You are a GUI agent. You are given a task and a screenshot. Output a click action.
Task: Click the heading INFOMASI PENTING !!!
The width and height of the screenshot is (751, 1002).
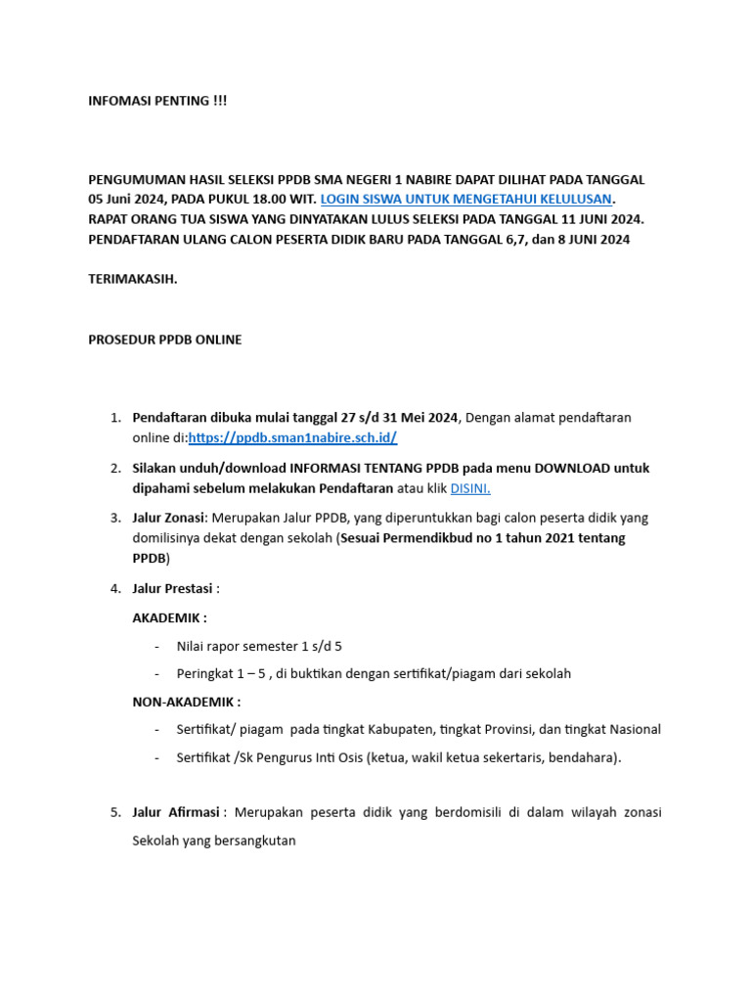[157, 101]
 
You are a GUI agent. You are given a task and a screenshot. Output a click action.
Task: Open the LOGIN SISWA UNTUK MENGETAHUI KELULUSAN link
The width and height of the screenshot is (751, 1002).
[465, 199]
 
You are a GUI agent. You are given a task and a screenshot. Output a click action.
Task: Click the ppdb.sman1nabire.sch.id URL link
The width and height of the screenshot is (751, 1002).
[292, 437]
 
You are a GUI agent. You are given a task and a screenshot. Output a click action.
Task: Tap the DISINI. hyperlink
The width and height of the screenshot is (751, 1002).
[470, 488]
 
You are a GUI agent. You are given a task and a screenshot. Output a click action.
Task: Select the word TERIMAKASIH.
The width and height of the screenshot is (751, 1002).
[133, 279]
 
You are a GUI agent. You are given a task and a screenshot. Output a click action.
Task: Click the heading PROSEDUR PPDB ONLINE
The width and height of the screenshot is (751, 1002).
[165, 340]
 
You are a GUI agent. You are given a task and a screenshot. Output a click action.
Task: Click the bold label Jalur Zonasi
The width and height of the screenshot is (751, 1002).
[168, 517]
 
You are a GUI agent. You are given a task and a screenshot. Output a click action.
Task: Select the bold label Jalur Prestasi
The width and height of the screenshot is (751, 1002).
[172, 588]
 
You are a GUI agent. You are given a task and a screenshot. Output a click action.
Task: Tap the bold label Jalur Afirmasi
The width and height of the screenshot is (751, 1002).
[175, 812]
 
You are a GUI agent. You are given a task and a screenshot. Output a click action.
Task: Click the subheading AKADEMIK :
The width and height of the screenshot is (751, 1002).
[169, 617]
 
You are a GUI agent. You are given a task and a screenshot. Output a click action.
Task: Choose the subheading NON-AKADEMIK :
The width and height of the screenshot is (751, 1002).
[186, 702]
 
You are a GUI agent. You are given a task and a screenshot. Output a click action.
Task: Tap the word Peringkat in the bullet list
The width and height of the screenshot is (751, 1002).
[206, 673]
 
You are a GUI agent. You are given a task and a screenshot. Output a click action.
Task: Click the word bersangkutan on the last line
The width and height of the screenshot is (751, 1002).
[245, 840]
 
